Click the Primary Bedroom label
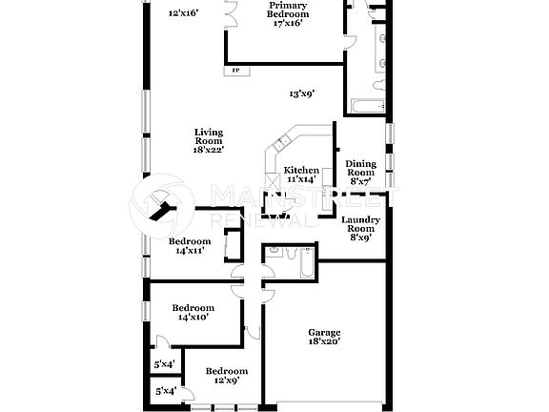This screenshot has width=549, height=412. point(288,10)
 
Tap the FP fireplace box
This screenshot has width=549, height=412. point(234,70)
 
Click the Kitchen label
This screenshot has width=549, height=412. point(301,170)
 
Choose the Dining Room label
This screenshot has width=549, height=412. point(361,168)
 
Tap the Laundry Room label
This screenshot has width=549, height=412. point(361,225)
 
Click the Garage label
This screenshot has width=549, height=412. point(324,332)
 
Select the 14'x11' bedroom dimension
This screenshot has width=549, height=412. point(189,251)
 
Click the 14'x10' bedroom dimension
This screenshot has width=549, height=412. point(193,318)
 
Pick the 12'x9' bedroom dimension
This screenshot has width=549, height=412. point(226,380)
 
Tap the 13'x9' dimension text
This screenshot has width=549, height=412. point(302,93)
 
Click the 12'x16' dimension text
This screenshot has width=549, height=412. point(183,13)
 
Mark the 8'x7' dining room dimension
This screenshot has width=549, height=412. point(360,181)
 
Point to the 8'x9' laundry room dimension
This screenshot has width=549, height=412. point(361,238)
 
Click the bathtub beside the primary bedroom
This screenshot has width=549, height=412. point(367,105)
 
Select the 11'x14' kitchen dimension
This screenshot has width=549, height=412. point(300,179)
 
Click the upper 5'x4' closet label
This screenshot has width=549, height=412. point(164,364)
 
